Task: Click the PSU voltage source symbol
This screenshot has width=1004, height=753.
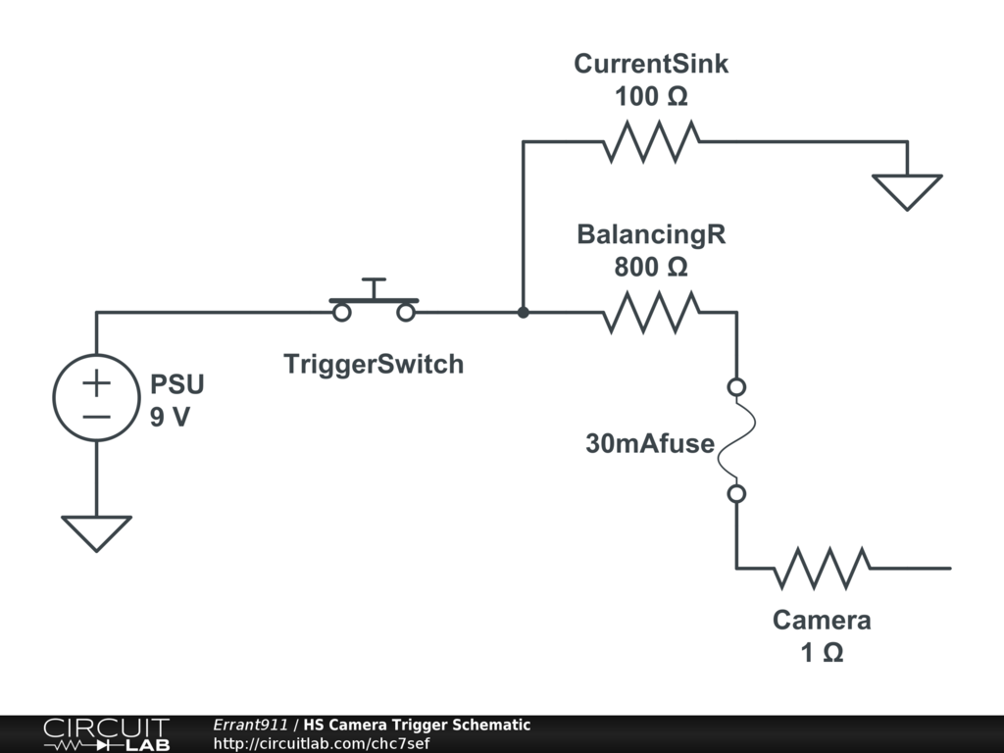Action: [x=96, y=397]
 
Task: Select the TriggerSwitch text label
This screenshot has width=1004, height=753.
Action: [x=373, y=365]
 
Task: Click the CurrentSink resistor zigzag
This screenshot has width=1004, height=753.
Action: [x=651, y=142]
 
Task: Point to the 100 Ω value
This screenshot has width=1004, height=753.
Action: [x=651, y=97]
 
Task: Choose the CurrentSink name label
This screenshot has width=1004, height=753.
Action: [x=651, y=65]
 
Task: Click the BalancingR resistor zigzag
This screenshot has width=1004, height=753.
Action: [x=651, y=313]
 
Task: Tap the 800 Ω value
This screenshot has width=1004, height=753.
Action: [x=651, y=267]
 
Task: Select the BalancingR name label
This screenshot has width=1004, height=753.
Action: [x=651, y=235]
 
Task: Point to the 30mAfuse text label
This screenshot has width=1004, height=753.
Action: [x=649, y=443]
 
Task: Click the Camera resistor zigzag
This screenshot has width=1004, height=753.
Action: [x=822, y=568]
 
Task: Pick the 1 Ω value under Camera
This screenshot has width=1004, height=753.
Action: [x=822, y=652]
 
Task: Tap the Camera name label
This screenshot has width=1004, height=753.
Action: [x=822, y=621]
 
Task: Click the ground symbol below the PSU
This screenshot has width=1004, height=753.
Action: [x=96, y=532]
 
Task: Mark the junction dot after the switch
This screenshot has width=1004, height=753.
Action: [x=524, y=313]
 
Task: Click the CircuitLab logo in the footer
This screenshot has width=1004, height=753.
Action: [x=105, y=734]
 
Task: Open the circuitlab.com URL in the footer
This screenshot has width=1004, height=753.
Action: [x=322, y=743]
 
